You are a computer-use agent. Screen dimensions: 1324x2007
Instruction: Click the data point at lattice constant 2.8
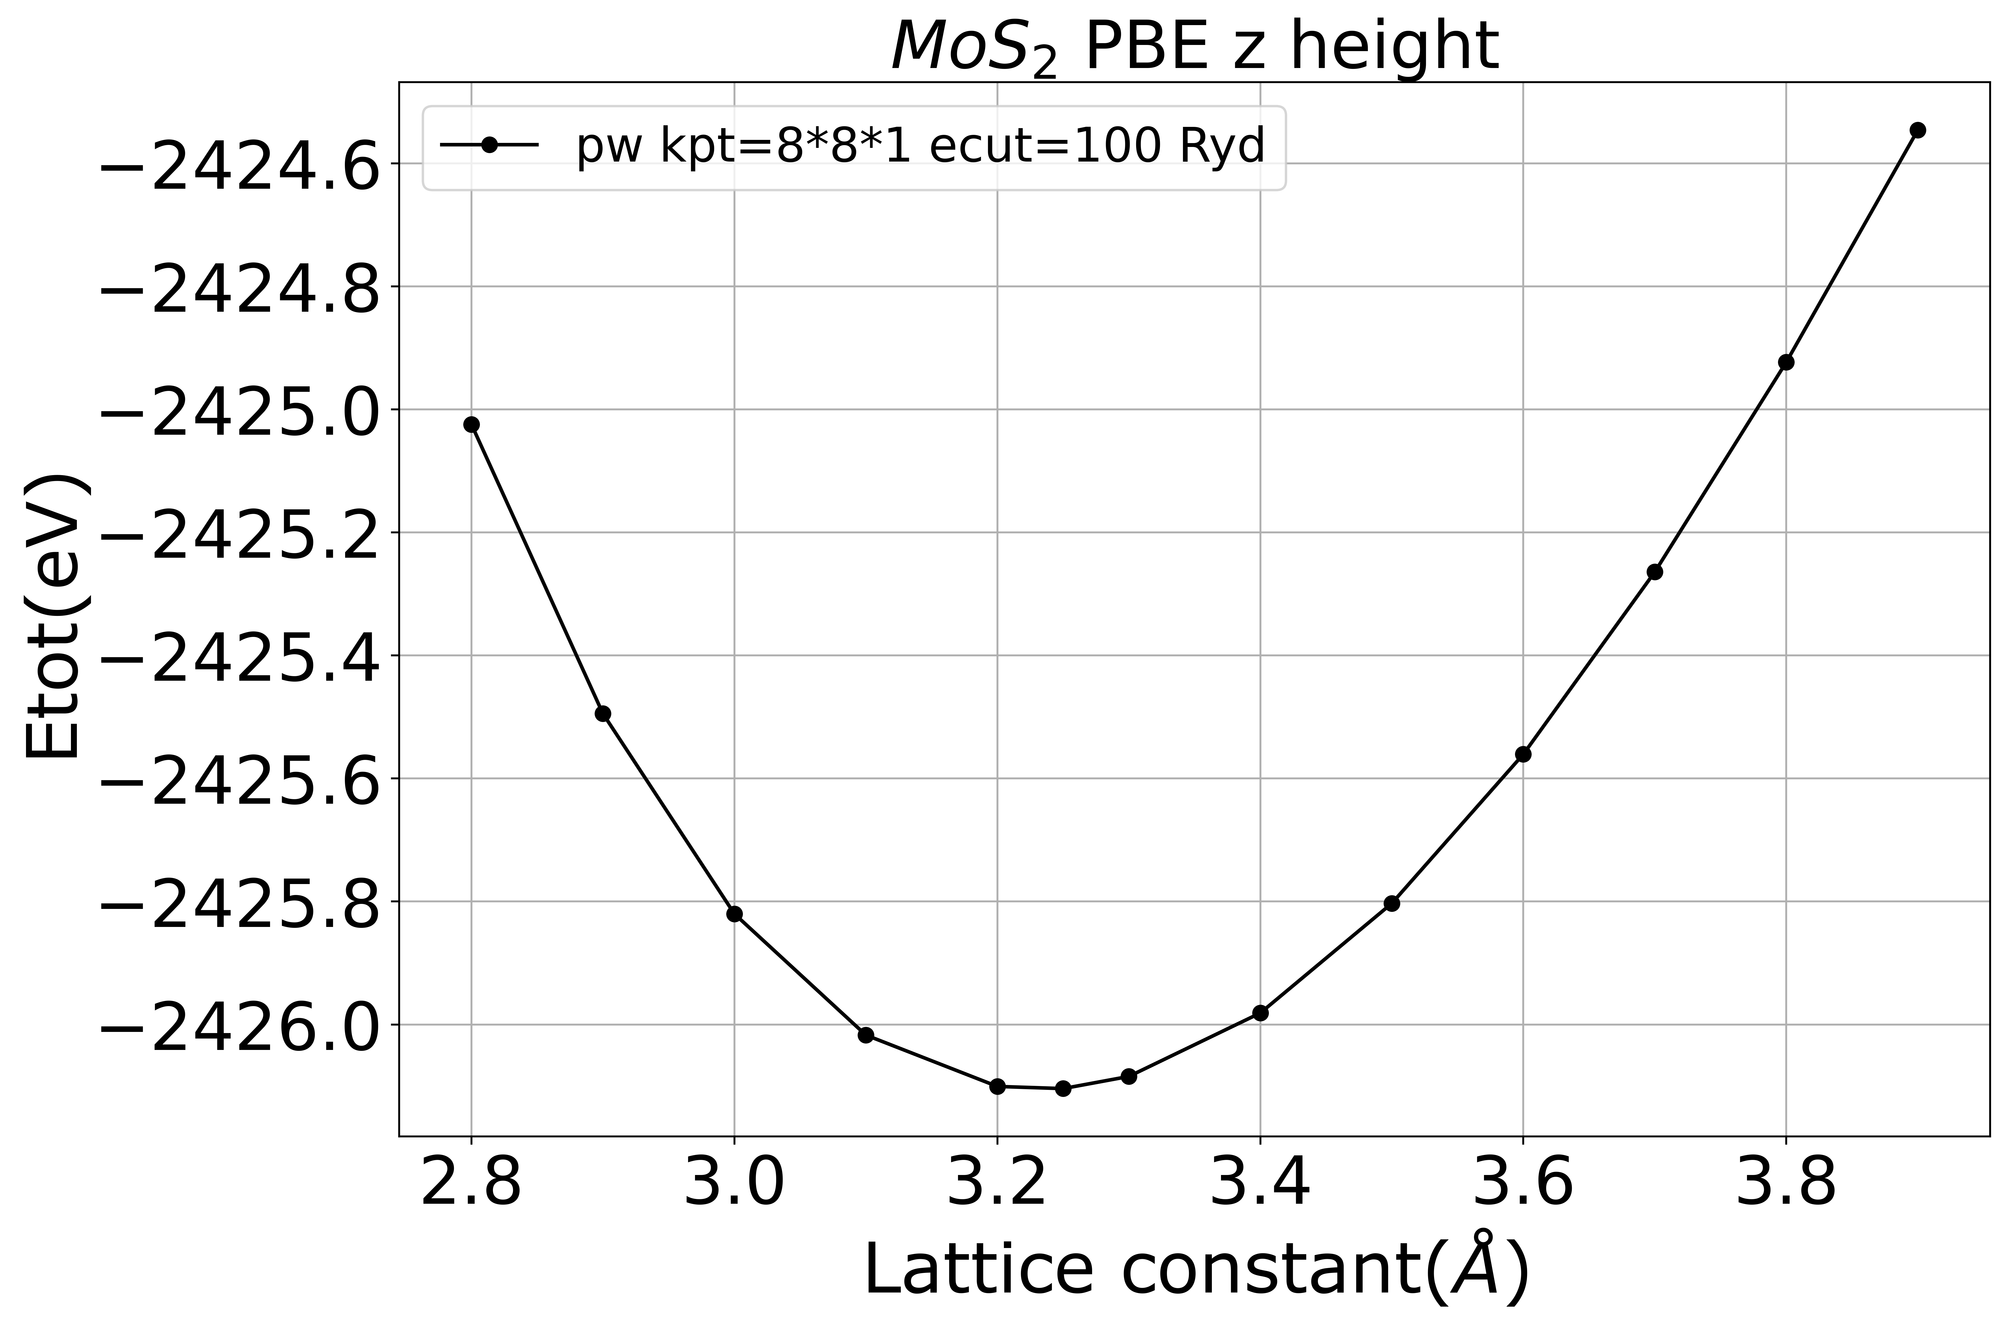[x=472, y=424]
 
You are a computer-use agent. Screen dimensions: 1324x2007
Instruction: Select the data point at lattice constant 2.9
[x=603, y=714]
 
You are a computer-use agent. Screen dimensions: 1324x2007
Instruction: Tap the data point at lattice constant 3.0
[x=734, y=914]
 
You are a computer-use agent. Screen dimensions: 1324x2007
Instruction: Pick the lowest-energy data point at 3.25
[x=1063, y=1089]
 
